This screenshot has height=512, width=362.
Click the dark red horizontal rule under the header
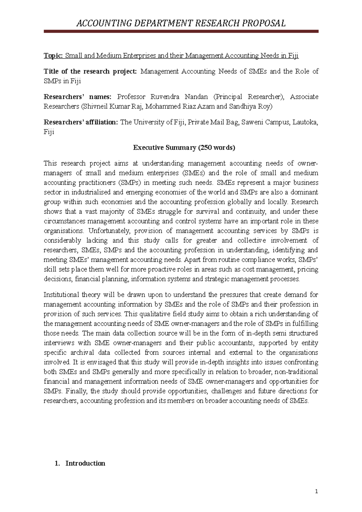tap(181, 31)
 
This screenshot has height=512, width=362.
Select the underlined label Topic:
tap(53, 55)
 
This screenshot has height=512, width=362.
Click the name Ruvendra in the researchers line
tap(165, 97)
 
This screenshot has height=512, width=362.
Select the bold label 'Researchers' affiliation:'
tap(81, 122)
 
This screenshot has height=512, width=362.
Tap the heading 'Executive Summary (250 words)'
tap(184, 148)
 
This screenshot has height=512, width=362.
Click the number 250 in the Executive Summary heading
tap(205, 148)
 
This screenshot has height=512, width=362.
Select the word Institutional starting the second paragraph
tap(61, 295)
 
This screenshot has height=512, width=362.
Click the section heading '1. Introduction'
tap(80, 463)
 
